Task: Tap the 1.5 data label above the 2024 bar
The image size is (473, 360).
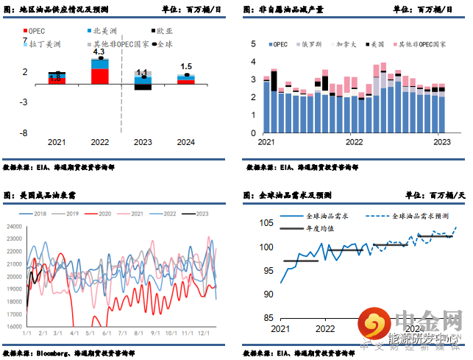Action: click(x=186, y=67)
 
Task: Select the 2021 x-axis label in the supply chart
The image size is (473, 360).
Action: click(x=57, y=142)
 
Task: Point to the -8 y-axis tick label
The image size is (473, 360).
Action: click(x=24, y=133)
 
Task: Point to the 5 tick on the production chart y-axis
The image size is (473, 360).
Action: click(x=254, y=44)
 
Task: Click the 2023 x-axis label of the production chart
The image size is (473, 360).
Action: click(x=441, y=142)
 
